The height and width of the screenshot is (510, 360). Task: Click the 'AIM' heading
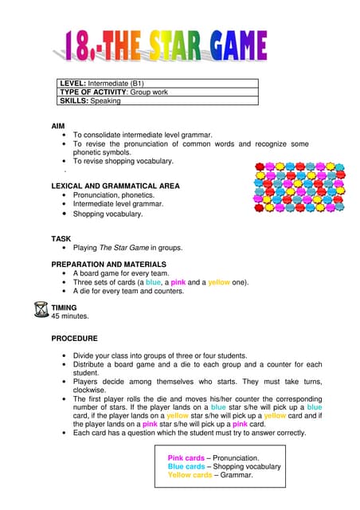[x=59, y=125]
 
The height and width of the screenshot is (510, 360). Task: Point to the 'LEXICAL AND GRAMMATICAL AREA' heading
[x=115, y=185]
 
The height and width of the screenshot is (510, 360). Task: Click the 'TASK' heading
[x=61, y=238]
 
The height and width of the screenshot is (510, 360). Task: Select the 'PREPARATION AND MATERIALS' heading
[x=108, y=263]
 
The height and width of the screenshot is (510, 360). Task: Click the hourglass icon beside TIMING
[x=42, y=309]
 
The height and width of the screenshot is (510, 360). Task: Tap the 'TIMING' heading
[x=65, y=307]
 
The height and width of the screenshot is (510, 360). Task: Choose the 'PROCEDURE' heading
[x=74, y=338]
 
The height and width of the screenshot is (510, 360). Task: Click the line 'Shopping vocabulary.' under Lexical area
[x=108, y=214]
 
